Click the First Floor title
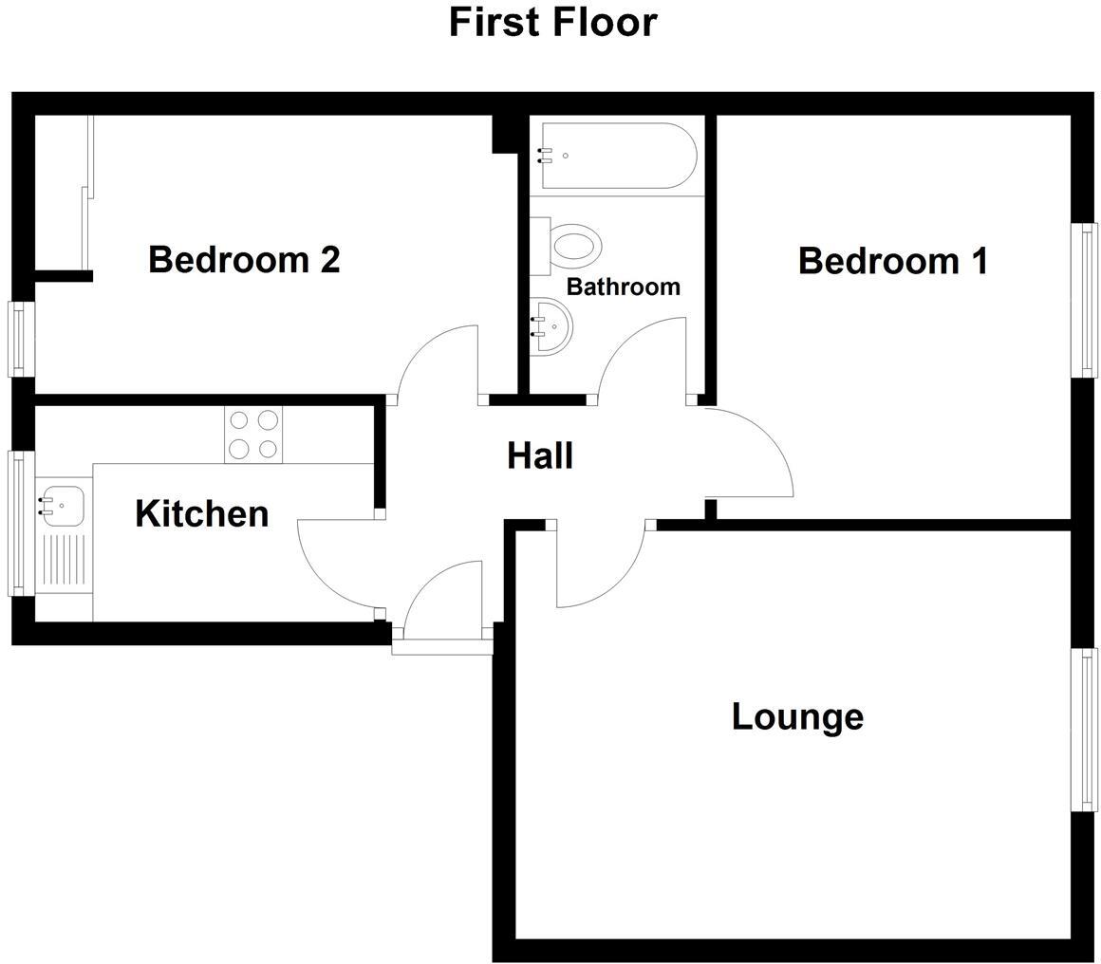click(x=552, y=22)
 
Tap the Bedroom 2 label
click(x=244, y=258)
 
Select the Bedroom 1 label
click(x=892, y=260)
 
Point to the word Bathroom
click(x=623, y=286)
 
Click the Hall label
click(x=540, y=455)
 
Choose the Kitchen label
click(x=201, y=513)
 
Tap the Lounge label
click(x=797, y=715)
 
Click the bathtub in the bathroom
click(x=617, y=156)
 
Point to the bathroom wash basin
click(x=550, y=325)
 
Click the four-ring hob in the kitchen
click(x=253, y=435)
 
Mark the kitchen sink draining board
click(x=64, y=562)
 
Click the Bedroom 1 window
click(x=1084, y=299)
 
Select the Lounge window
click(x=1084, y=730)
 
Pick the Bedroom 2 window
click(x=21, y=338)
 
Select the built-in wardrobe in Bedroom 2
click(x=63, y=194)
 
